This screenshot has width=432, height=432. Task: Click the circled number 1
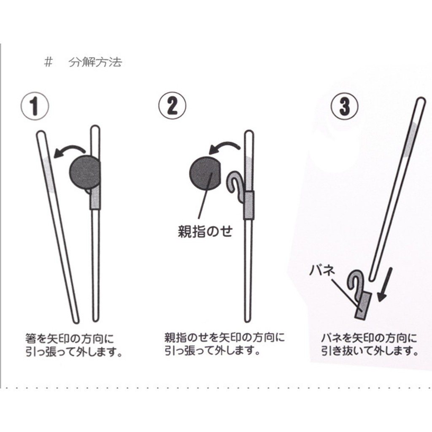[35, 106]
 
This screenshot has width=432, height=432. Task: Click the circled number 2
[172, 105]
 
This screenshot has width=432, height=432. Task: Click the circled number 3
[345, 105]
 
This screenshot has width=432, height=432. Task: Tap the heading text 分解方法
[95, 63]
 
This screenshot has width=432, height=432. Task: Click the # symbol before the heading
[48, 63]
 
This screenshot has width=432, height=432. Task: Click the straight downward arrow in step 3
[386, 285]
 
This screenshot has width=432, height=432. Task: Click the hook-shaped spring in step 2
[233, 184]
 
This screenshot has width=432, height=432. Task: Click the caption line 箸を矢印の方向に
[70, 338]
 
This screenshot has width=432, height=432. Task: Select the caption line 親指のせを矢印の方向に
[224, 337]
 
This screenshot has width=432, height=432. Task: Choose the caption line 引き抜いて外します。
[370, 351]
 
